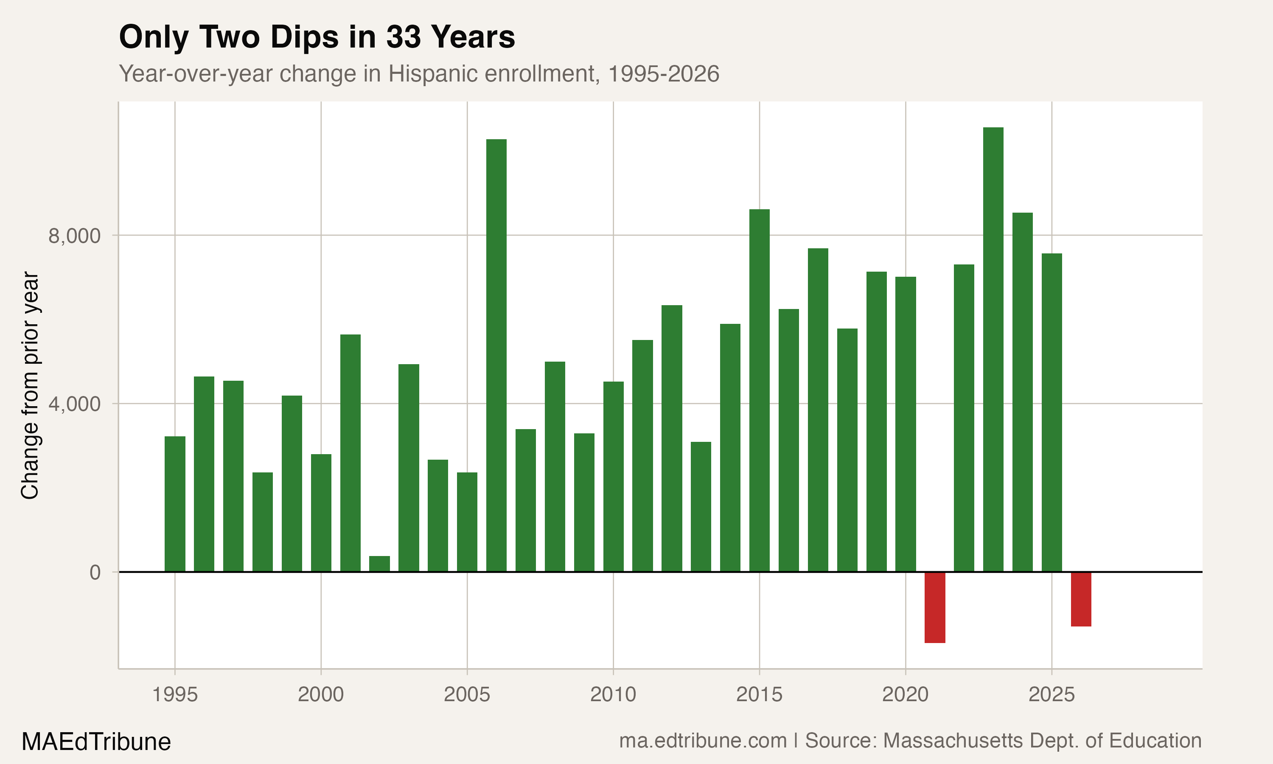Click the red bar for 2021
(x=935, y=607)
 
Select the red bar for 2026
(x=1081, y=599)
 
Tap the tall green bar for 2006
(x=496, y=355)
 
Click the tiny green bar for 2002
(x=380, y=564)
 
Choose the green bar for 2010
(x=613, y=476)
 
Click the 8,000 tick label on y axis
(x=75, y=236)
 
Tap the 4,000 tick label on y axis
(x=75, y=404)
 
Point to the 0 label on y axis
(x=95, y=573)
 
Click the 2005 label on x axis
(x=467, y=695)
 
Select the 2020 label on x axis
(x=905, y=695)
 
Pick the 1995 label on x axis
(x=175, y=695)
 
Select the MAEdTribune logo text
(x=96, y=742)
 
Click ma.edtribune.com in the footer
(x=703, y=741)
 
